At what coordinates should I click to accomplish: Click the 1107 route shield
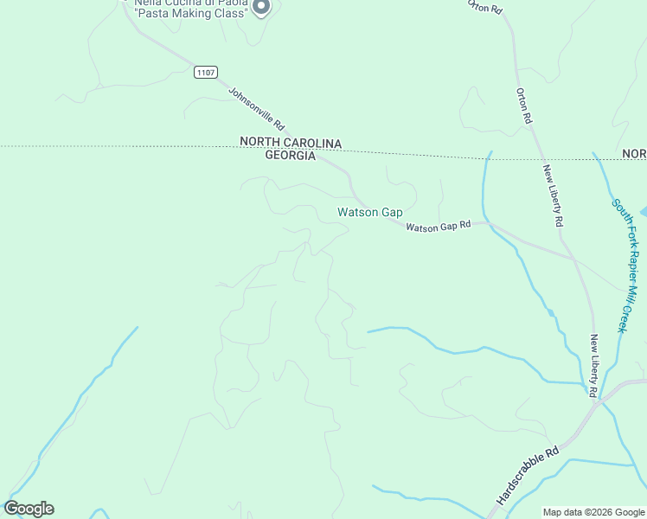[206, 73]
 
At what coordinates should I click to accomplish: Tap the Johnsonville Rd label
[257, 108]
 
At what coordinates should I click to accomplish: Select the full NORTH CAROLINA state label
[291, 143]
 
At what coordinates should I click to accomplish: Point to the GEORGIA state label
[290, 156]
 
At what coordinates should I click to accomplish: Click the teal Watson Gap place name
[370, 212]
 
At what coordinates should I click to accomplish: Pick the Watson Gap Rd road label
[439, 227]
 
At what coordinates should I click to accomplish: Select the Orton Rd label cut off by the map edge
[485, 6]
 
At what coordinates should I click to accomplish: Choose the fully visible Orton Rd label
[524, 106]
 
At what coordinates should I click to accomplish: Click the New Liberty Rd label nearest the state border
[553, 195]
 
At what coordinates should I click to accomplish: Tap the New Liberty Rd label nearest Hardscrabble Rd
[593, 366]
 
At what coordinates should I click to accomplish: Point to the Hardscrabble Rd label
[528, 476]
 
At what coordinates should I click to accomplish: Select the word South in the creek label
[618, 211]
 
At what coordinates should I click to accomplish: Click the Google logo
[29, 509]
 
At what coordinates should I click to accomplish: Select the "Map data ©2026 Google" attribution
[593, 512]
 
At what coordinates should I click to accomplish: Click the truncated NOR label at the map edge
[634, 154]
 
